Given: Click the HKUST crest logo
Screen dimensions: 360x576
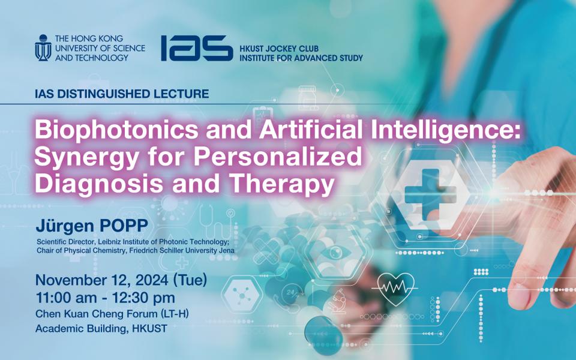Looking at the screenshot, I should (x=43, y=48).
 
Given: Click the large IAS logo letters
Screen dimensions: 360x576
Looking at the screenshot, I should (x=196, y=48).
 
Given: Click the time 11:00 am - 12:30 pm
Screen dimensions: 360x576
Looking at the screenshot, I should (x=105, y=298).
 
